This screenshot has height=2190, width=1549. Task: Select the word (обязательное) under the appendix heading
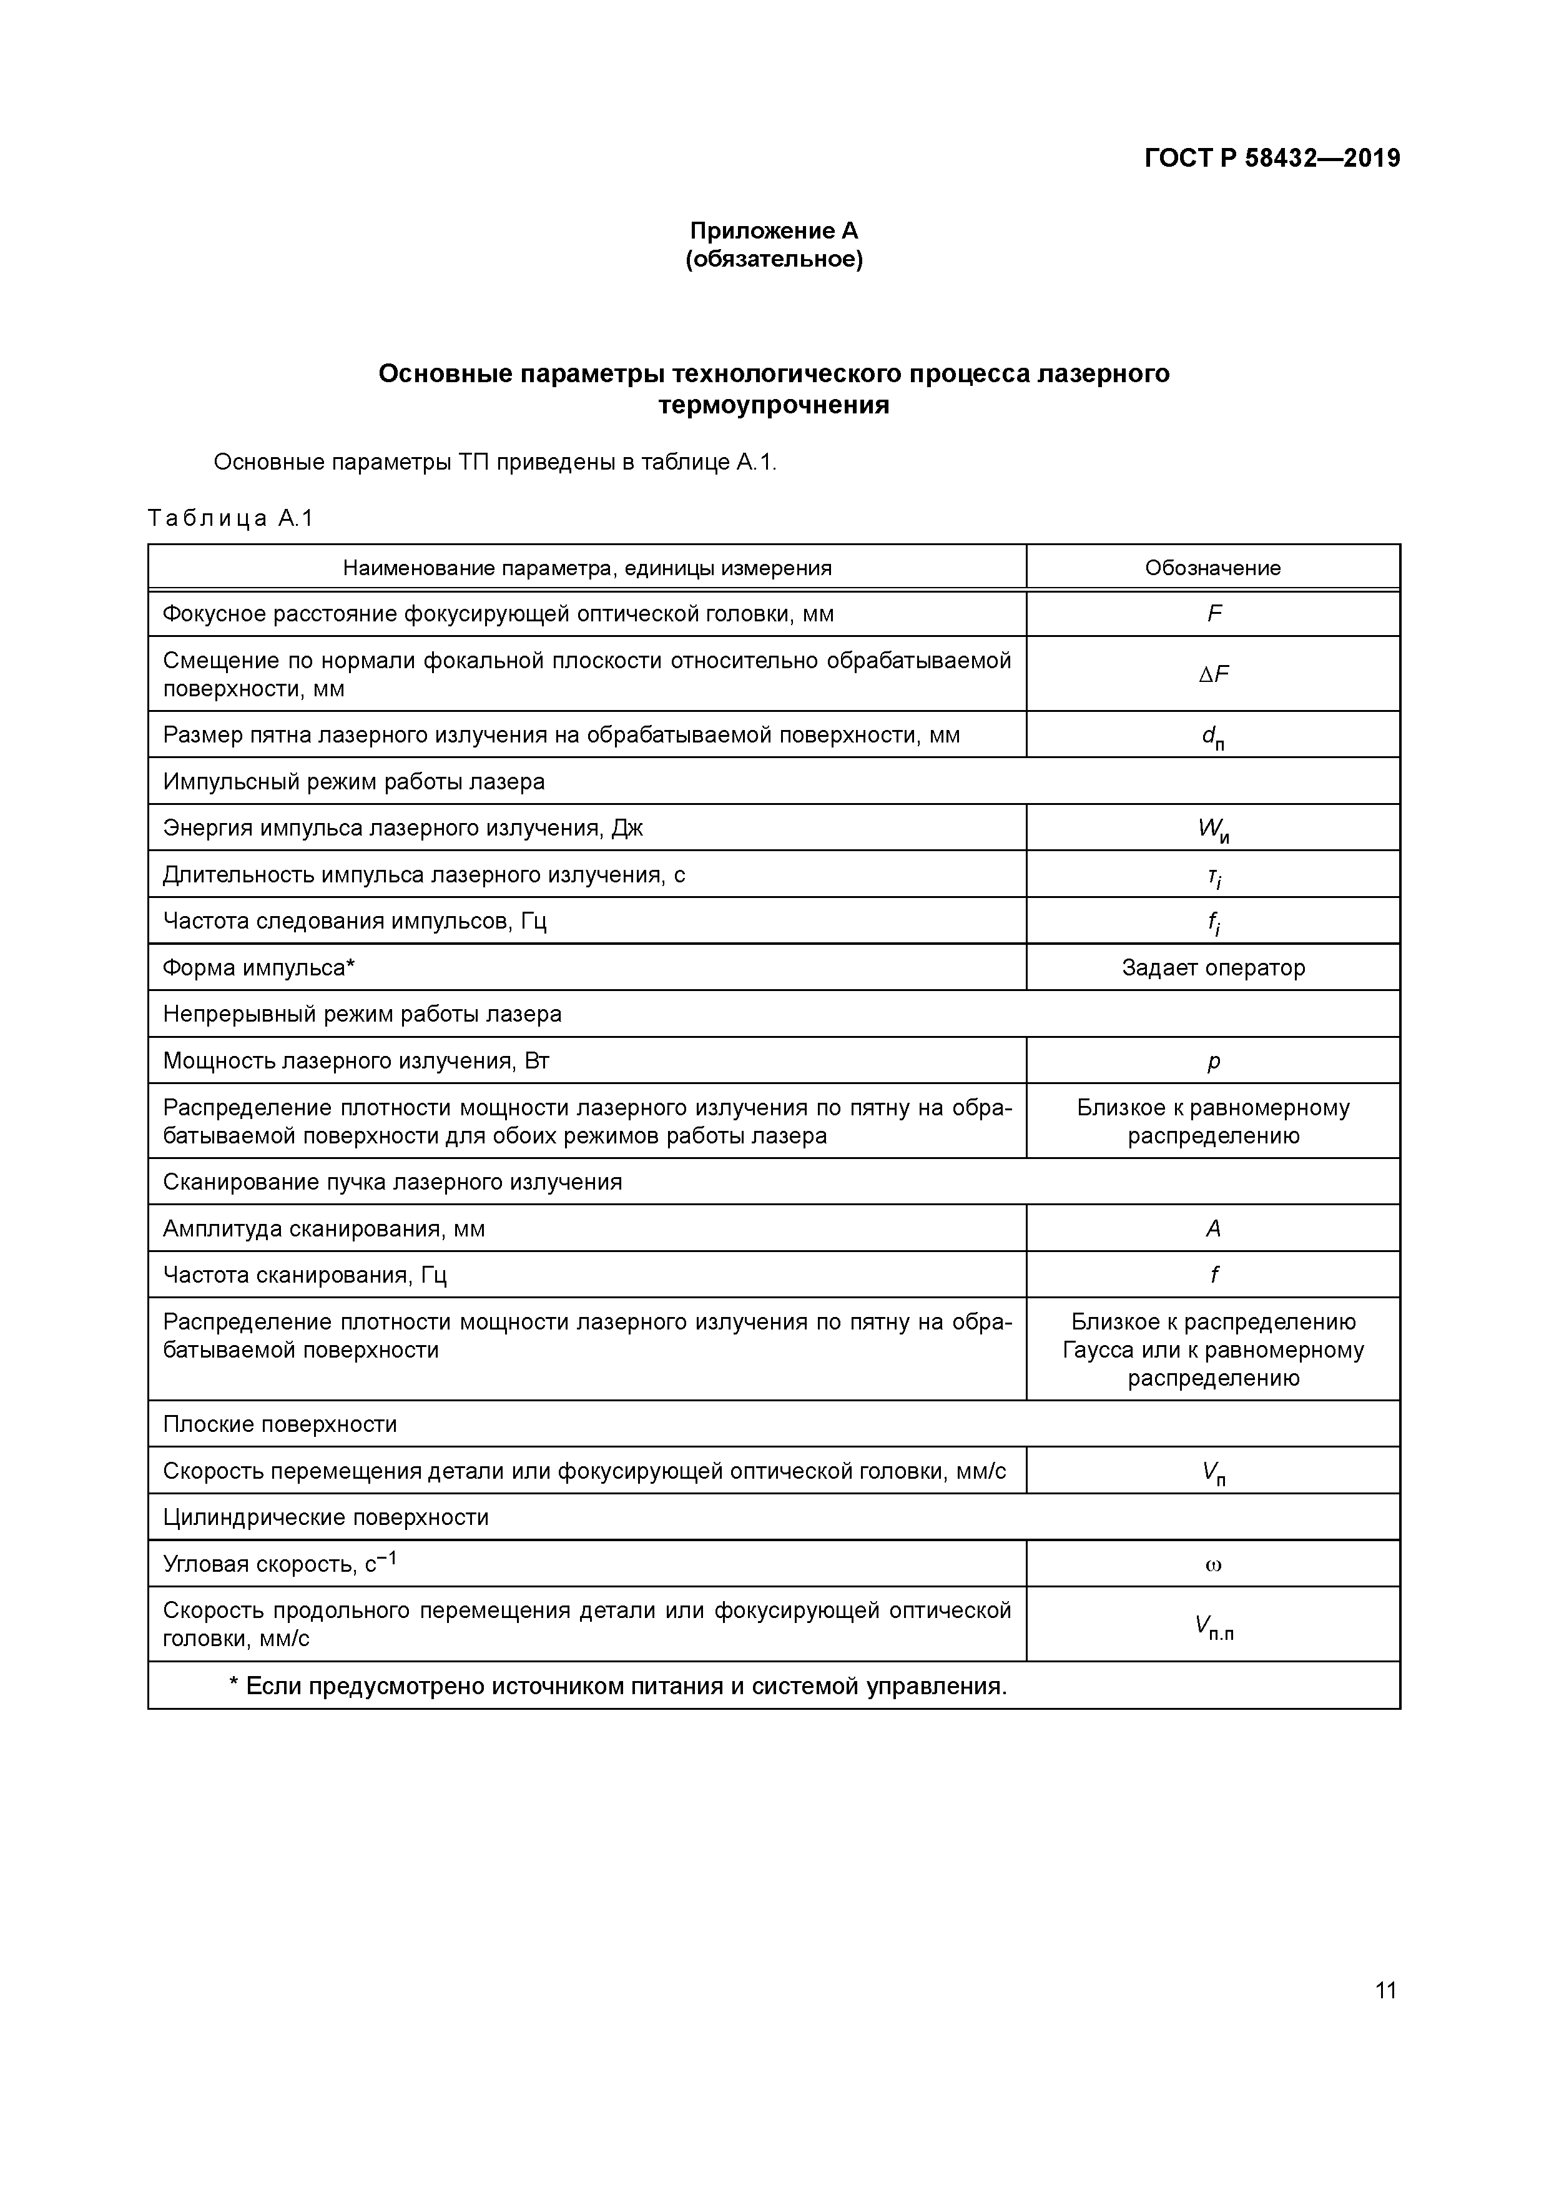point(774,259)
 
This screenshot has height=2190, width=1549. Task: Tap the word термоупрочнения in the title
point(774,405)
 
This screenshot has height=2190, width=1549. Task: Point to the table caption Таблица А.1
point(230,518)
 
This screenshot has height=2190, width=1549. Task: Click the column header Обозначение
point(1212,568)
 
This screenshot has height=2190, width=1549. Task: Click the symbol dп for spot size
point(1213,736)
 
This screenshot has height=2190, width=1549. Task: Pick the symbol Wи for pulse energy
point(1213,829)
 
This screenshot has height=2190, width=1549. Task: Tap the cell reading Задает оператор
point(1213,968)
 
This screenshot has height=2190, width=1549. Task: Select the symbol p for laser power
point(1213,1062)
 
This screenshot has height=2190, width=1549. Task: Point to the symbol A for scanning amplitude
point(1213,1228)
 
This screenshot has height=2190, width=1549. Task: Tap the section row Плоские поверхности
point(280,1424)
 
